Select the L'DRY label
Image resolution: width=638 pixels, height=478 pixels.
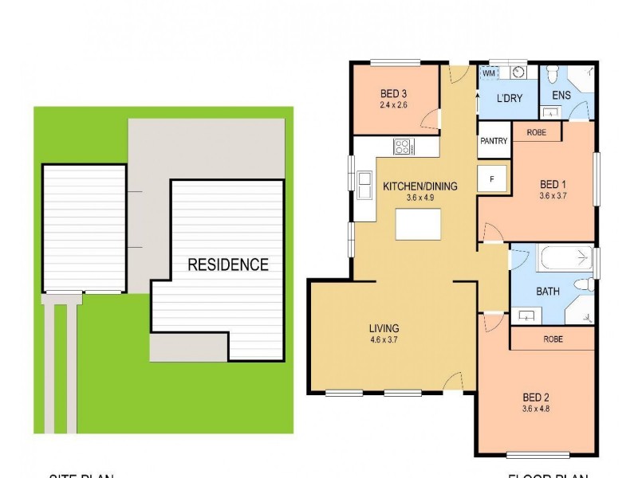click(508, 99)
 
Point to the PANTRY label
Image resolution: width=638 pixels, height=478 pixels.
click(494, 141)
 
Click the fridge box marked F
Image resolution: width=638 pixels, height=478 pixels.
click(492, 178)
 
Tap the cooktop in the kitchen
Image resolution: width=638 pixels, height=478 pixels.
click(403, 147)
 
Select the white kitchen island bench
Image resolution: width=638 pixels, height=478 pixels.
click(419, 226)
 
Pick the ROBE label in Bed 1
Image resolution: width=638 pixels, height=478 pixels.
click(536, 132)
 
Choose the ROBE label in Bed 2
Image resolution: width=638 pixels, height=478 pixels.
click(553, 339)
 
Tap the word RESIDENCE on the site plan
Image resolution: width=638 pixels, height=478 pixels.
click(228, 264)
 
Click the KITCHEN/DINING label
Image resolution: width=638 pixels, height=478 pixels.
click(420, 187)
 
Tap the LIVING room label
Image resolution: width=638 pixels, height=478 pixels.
click(384, 328)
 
